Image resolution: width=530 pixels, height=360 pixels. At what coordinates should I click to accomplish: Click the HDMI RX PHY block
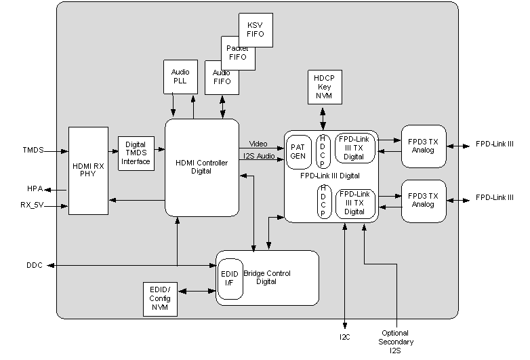tap(88, 170)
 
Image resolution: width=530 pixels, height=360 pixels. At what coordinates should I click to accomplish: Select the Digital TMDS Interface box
tap(136, 153)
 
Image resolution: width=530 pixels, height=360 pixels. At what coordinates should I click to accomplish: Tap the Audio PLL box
tap(180, 76)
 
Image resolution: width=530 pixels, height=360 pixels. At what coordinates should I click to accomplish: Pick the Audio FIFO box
tap(222, 77)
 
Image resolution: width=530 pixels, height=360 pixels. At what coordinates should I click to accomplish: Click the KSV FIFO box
tap(256, 29)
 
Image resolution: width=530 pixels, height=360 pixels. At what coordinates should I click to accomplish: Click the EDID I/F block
tap(230, 279)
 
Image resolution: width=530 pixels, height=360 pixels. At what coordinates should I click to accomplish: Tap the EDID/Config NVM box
tap(160, 299)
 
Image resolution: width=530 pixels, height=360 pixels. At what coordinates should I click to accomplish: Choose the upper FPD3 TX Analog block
tap(424, 145)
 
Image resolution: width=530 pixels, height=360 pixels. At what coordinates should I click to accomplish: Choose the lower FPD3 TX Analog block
tap(424, 200)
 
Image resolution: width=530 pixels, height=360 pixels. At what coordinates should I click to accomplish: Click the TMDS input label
tap(33, 150)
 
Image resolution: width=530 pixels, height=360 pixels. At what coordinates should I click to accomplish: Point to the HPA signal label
tap(35, 188)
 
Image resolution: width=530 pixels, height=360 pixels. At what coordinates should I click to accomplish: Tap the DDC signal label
tap(34, 265)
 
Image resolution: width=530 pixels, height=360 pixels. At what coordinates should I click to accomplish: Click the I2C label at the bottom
tap(345, 336)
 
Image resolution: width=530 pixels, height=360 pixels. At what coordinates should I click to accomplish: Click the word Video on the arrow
tap(258, 144)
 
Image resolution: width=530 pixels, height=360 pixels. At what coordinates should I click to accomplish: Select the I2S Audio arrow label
tap(258, 157)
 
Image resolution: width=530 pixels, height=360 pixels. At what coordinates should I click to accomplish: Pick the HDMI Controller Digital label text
tap(201, 167)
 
